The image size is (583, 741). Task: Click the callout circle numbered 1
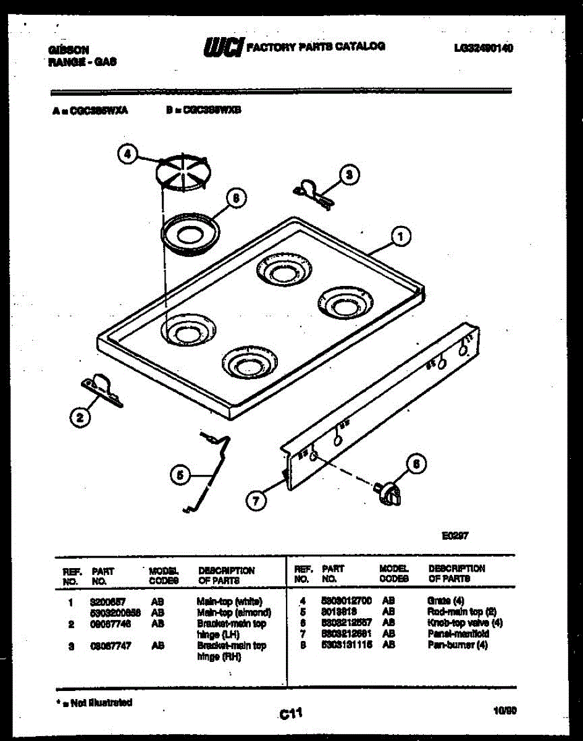(401, 235)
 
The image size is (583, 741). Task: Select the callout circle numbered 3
(349, 175)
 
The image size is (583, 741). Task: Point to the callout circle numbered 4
(127, 155)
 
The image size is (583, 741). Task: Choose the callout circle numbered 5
(179, 475)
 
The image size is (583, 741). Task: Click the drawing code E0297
(455, 535)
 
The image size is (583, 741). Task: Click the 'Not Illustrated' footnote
(94, 702)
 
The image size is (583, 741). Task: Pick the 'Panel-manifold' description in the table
(458, 634)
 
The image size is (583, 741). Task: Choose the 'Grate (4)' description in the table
(445, 600)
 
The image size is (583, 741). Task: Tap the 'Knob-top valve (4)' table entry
(464, 622)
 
